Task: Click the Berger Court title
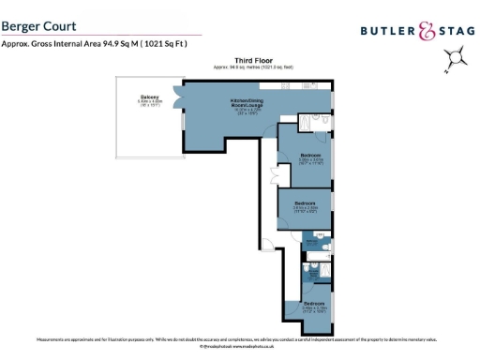(x=39, y=27)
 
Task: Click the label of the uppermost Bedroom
(x=310, y=156)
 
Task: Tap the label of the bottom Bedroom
(x=315, y=303)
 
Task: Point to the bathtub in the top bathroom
(x=307, y=122)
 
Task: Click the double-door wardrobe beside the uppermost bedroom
(x=275, y=174)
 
